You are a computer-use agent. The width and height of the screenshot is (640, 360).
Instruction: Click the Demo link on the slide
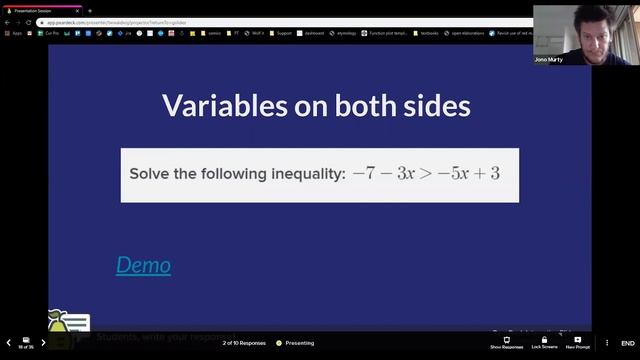(x=143, y=265)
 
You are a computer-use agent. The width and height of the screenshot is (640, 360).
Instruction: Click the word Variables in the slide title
(x=218, y=106)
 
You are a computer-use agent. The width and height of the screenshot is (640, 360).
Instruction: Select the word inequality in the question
(x=307, y=174)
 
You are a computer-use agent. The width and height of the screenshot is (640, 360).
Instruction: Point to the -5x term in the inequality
(x=454, y=173)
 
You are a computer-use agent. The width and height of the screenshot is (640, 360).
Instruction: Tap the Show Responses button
(x=506, y=342)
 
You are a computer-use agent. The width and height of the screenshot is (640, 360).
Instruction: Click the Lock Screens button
(x=544, y=342)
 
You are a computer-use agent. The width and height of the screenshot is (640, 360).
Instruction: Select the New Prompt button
(x=577, y=342)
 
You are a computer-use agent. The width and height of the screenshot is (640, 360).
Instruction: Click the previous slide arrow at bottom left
(x=7, y=342)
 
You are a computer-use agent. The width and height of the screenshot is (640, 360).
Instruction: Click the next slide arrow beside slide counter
(x=43, y=342)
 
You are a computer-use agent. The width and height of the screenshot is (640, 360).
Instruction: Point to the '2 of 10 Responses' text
(x=244, y=343)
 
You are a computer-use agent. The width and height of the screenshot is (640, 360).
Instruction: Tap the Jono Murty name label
(x=549, y=59)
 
